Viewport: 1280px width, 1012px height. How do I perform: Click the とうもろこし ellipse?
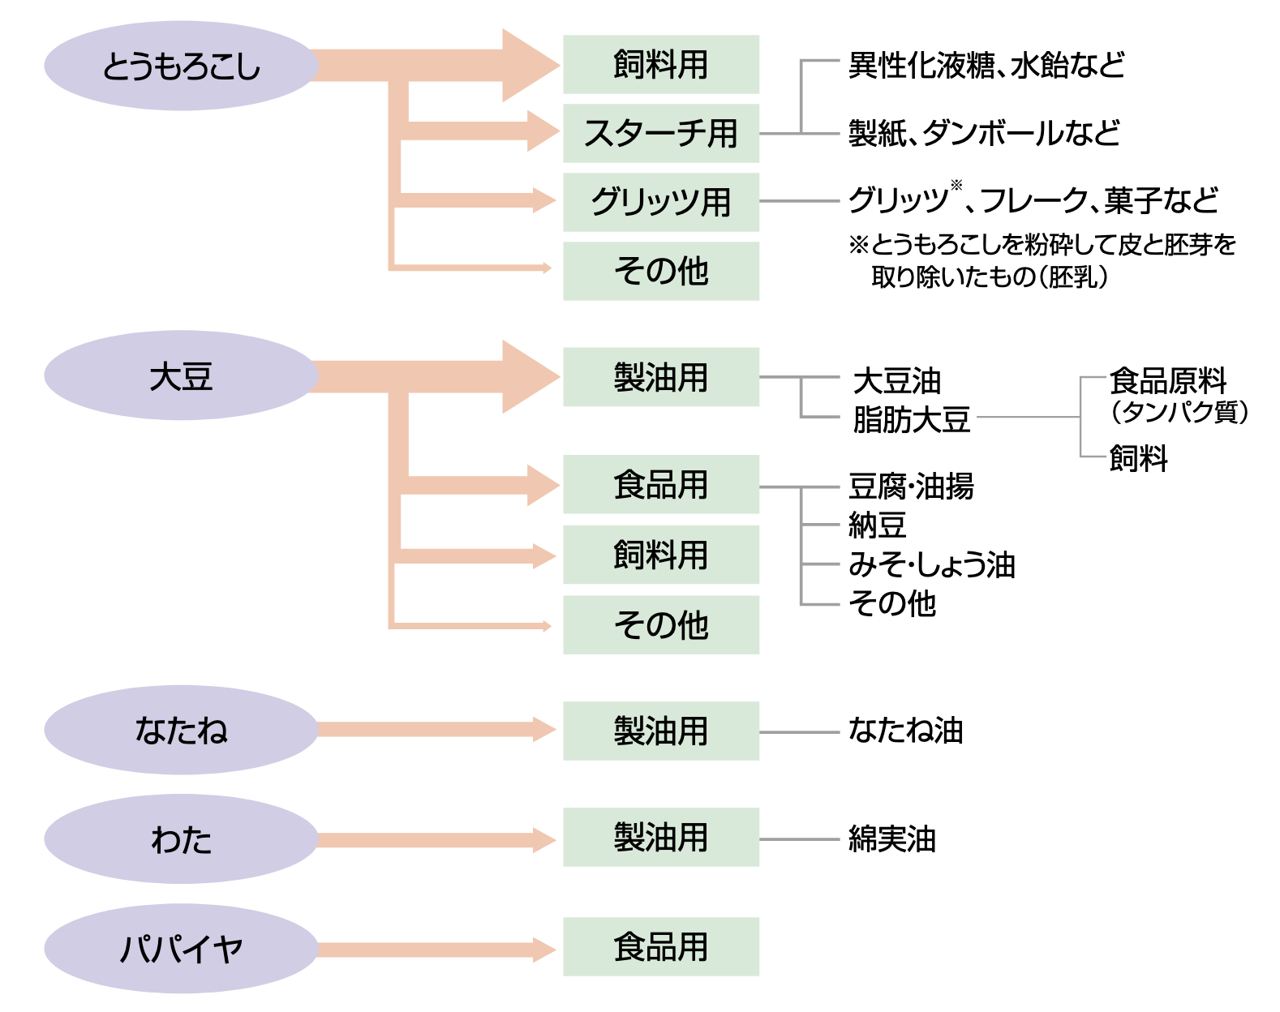(x=182, y=66)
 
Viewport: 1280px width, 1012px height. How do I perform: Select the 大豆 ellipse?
(x=182, y=375)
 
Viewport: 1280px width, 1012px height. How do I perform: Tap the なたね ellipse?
(x=182, y=730)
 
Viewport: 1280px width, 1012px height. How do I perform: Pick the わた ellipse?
(x=182, y=839)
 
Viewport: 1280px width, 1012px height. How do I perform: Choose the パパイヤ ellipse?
(x=182, y=949)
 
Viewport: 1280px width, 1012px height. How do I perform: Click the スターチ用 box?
(x=661, y=133)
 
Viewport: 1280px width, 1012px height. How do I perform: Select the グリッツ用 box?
(x=661, y=202)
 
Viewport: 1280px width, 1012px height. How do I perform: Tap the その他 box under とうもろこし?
(x=661, y=271)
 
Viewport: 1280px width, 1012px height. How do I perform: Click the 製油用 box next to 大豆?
(x=661, y=377)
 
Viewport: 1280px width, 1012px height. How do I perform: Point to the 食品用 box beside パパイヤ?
(x=661, y=946)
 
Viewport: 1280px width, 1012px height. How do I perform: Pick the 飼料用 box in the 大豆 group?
(x=661, y=555)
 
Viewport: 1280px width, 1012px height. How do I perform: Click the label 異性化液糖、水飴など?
(x=986, y=65)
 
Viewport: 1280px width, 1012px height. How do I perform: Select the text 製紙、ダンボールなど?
(x=985, y=133)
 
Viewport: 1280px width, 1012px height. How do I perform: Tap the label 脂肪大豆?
(x=911, y=419)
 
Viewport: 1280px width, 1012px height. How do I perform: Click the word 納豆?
(x=878, y=525)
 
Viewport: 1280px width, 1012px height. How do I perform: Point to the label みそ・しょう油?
(x=932, y=564)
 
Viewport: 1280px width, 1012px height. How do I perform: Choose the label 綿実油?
(x=892, y=839)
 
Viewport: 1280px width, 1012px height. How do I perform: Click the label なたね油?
(x=906, y=730)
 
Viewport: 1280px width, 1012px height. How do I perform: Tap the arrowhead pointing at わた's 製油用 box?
(x=544, y=839)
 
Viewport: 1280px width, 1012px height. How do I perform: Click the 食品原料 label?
(x=1167, y=380)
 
